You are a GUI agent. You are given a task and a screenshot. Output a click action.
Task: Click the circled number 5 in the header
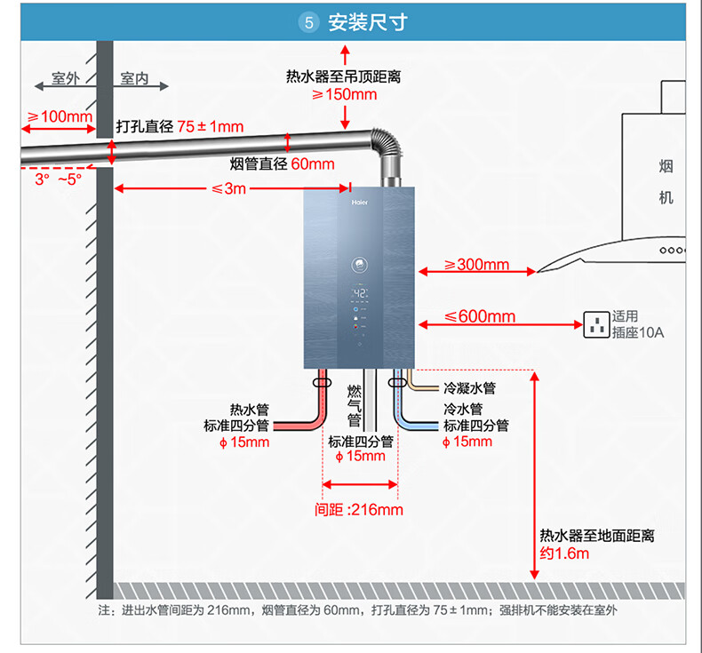[308, 22]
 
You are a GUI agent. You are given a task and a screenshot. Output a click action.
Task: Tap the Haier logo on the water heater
[360, 203]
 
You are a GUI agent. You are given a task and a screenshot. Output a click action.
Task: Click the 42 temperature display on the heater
[360, 293]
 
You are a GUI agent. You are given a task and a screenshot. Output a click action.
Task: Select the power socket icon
[596, 324]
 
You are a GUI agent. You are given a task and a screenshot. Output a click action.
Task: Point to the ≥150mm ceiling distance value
[344, 94]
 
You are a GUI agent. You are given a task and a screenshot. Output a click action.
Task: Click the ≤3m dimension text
[228, 188]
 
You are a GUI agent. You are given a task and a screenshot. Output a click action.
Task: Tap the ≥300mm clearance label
[476, 265]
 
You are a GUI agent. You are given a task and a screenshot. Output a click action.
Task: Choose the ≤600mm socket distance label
[480, 316]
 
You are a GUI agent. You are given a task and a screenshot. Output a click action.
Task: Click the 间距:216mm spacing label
[359, 510]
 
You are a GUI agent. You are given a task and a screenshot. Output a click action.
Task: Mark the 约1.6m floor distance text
[564, 553]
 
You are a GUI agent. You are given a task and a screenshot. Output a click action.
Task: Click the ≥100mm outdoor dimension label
[60, 116]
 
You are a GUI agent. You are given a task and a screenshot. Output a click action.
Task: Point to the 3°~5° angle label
[58, 179]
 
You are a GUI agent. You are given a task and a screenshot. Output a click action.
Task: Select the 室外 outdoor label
[66, 78]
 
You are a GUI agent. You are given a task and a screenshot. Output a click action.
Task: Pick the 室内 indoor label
[134, 78]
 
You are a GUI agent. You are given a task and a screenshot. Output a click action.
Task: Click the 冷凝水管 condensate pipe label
[470, 388]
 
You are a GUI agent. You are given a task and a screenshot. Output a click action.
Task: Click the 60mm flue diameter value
[313, 164]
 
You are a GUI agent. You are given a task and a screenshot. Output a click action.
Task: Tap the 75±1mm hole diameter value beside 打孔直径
[211, 127]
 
